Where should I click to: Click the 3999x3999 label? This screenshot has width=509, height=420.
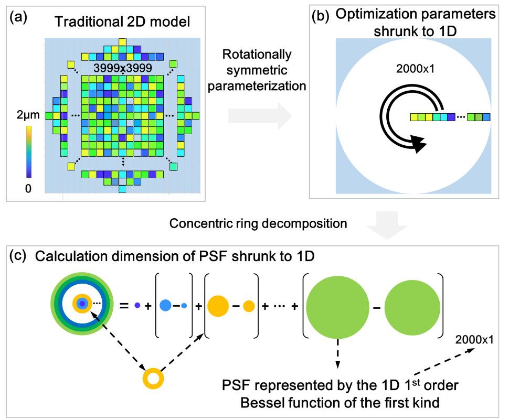[123, 68]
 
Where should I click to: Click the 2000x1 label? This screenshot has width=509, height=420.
[415, 69]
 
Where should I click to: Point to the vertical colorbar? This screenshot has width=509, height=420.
[29, 152]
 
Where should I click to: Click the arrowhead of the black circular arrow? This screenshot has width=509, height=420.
[418, 143]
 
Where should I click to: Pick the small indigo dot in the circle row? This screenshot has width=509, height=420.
[137, 305]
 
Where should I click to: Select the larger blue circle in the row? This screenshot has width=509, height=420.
[165, 305]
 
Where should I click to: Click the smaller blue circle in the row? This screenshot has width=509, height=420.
[184, 306]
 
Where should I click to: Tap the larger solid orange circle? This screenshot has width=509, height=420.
[218, 306]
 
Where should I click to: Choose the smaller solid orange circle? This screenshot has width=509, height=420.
[249, 306]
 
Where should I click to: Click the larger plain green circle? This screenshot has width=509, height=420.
[338, 307]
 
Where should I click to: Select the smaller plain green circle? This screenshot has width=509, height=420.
[412, 308]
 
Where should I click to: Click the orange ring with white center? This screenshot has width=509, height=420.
[153, 379]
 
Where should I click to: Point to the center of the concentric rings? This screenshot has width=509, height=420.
[82, 304]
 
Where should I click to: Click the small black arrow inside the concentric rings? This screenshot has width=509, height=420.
[95, 316]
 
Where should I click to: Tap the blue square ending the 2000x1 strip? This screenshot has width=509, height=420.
[486, 117]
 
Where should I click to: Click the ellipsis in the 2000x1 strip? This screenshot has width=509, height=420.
[461, 117]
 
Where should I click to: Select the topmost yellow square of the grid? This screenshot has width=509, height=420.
[122, 42]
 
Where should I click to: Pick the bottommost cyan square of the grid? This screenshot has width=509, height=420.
[122, 189]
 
